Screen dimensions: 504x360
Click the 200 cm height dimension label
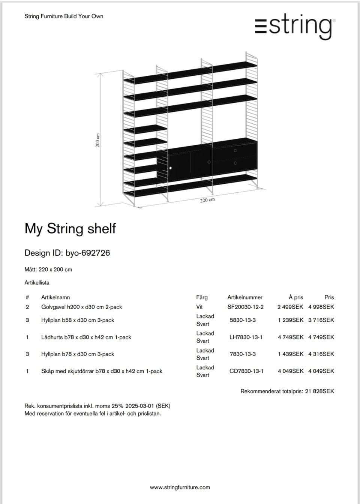[x=97, y=140]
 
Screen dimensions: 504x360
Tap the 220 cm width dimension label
[x=207, y=200]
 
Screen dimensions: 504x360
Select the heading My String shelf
[x=70, y=228]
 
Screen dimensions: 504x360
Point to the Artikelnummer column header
[x=245, y=297]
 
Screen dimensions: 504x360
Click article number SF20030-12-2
[x=245, y=307]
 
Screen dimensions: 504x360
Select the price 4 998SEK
[x=321, y=307]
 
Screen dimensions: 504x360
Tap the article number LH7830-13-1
[x=246, y=337]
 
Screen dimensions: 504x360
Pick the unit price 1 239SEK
[x=290, y=320]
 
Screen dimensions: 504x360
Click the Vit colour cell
[x=199, y=307]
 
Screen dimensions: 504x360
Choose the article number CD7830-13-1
[x=246, y=371]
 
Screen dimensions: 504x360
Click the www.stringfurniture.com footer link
[x=180, y=487]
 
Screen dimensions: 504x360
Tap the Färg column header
[x=202, y=297]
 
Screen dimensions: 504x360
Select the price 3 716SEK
[x=321, y=320]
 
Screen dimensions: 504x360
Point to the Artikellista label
[x=37, y=283]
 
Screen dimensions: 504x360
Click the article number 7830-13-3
[x=243, y=354]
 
